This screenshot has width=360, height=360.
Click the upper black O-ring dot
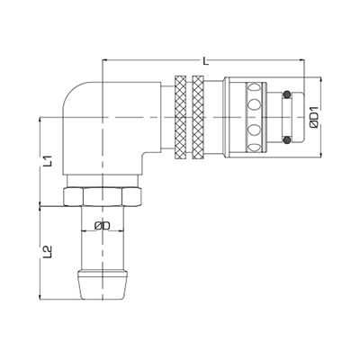[287, 93]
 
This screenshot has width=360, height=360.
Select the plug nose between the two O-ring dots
[288, 116]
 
